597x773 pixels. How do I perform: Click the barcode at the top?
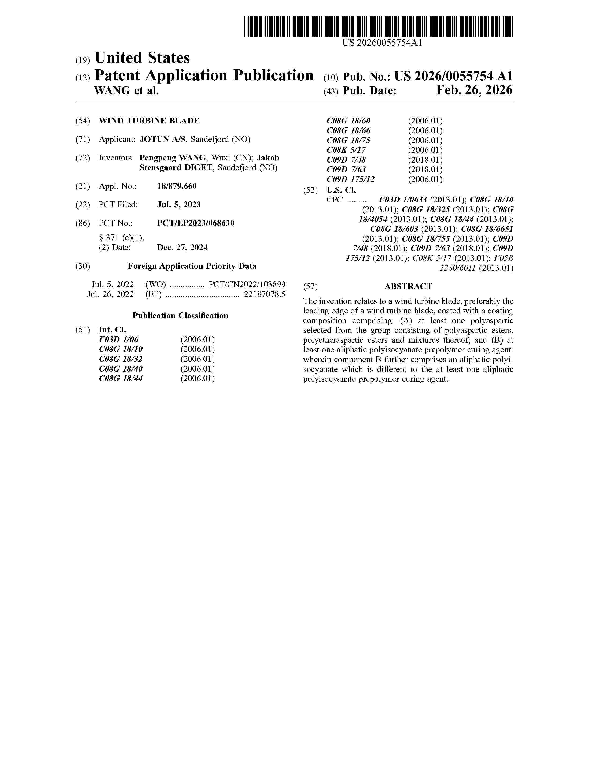[x=378, y=26]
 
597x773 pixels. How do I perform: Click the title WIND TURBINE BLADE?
[x=149, y=121]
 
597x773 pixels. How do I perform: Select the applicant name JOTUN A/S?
[x=162, y=139]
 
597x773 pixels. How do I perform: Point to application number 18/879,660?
[x=177, y=186]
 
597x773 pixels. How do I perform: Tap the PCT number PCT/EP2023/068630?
[x=195, y=223]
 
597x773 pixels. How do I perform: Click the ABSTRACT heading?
[x=408, y=286]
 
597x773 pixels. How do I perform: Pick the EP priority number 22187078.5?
[x=265, y=294]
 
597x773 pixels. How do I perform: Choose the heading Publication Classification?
[x=180, y=316]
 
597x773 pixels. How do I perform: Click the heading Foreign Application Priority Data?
[x=192, y=266]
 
